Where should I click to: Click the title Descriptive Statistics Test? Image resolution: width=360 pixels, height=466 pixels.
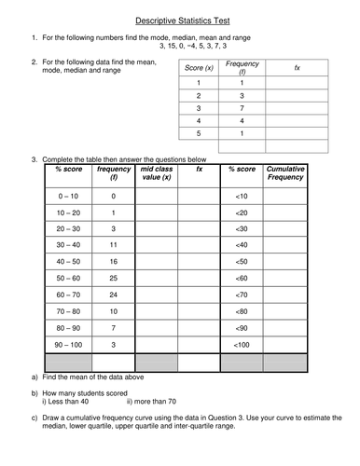click(x=180, y=19)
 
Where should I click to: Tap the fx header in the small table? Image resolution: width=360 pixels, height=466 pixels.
click(x=297, y=69)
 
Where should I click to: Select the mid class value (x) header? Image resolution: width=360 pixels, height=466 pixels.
click(x=155, y=173)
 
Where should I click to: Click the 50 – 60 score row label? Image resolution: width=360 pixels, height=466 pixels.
click(x=68, y=279)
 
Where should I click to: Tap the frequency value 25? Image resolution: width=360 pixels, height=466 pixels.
click(x=112, y=279)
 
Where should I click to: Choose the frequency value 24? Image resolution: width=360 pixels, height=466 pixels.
click(x=112, y=299)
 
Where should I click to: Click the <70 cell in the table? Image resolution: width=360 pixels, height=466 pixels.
click(x=242, y=299)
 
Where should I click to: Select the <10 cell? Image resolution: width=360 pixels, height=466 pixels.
click(x=242, y=196)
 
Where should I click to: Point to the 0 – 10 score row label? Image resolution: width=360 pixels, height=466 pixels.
click(x=68, y=196)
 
